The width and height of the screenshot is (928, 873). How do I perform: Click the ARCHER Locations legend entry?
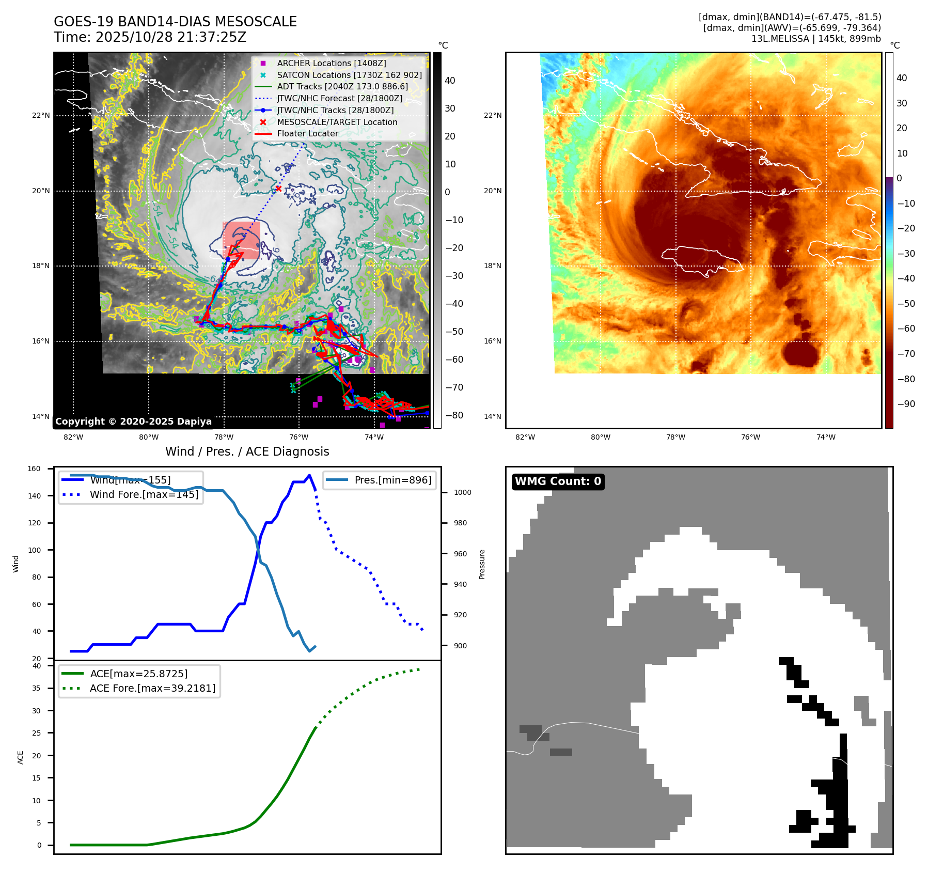click(x=331, y=63)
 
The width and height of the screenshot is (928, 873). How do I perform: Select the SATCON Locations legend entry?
click(x=349, y=75)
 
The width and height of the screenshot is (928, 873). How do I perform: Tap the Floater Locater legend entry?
click(x=307, y=133)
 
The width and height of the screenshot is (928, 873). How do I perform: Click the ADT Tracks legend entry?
click(x=342, y=86)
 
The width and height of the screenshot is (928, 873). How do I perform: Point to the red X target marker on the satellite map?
click(x=278, y=189)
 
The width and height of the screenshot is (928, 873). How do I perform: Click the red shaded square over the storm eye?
click(x=241, y=240)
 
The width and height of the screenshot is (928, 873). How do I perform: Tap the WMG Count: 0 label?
click(x=558, y=481)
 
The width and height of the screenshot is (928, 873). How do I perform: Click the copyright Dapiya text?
click(x=133, y=422)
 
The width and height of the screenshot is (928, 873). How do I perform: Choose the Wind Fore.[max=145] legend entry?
click(x=144, y=494)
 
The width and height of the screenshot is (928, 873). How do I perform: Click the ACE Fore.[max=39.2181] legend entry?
click(x=152, y=688)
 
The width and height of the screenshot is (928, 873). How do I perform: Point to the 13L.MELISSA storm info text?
click(x=815, y=39)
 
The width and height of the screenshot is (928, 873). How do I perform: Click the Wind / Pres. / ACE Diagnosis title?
click(x=247, y=451)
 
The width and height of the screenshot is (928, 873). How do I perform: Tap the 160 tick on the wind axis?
click(x=34, y=469)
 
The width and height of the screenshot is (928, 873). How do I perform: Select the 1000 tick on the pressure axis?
click(x=462, y=492)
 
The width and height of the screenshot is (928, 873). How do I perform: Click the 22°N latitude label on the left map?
click(x=41, y=115)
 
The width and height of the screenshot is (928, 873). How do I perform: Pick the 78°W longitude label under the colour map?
click(x=675, y=437)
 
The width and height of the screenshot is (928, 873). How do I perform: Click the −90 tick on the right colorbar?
click(x=906, y=404)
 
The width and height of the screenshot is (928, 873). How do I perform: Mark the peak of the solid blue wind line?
click(x=309, y=475)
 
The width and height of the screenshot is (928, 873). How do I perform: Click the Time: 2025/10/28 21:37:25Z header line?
click(x=150, y=37)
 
